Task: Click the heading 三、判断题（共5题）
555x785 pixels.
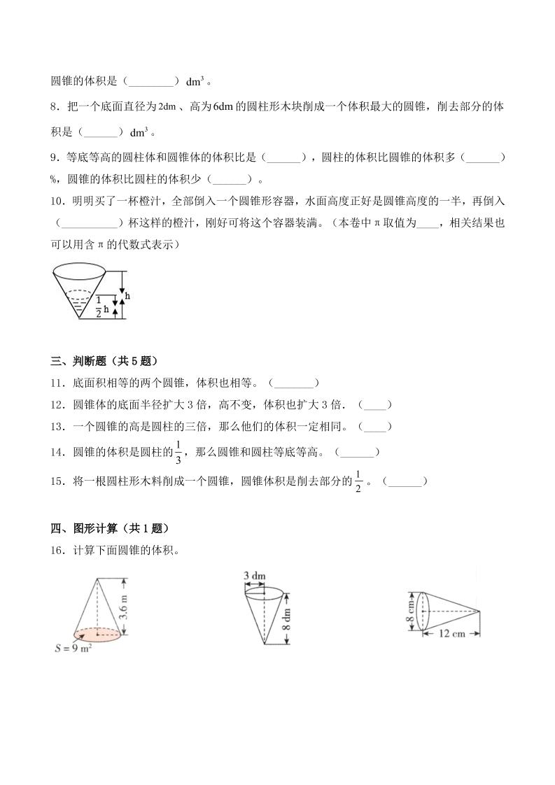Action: [x=104, y=361]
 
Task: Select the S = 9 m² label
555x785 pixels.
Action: [x=74, y=647]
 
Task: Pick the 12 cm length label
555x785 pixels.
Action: [x=453, y=634]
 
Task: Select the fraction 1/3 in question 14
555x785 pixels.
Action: [x=178, y=452]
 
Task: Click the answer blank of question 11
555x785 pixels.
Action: [x=294, y=383]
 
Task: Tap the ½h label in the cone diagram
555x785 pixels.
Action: [x=102, y=308]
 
